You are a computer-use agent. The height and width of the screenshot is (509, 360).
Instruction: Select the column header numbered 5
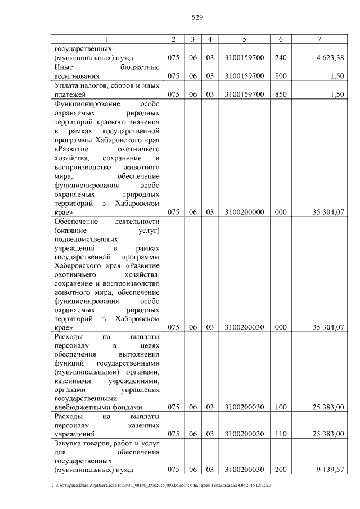click(x=244, y=39)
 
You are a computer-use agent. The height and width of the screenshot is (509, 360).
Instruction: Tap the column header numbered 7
click(x=318, y=39)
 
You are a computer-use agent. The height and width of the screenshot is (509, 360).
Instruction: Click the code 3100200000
click(x=244, y=212)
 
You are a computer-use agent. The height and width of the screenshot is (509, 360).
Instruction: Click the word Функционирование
click(x=85, y=104)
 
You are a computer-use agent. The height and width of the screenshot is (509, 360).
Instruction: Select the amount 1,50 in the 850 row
click(x=336, y=94)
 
